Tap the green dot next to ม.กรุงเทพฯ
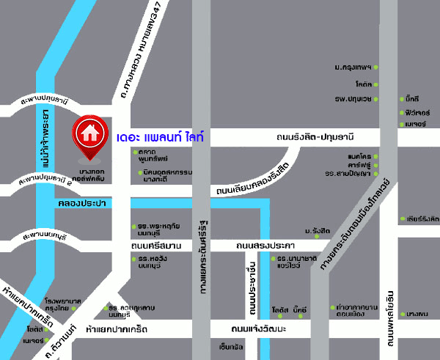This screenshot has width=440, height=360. coord(375,67)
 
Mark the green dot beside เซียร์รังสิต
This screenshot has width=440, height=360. coord(400,218)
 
